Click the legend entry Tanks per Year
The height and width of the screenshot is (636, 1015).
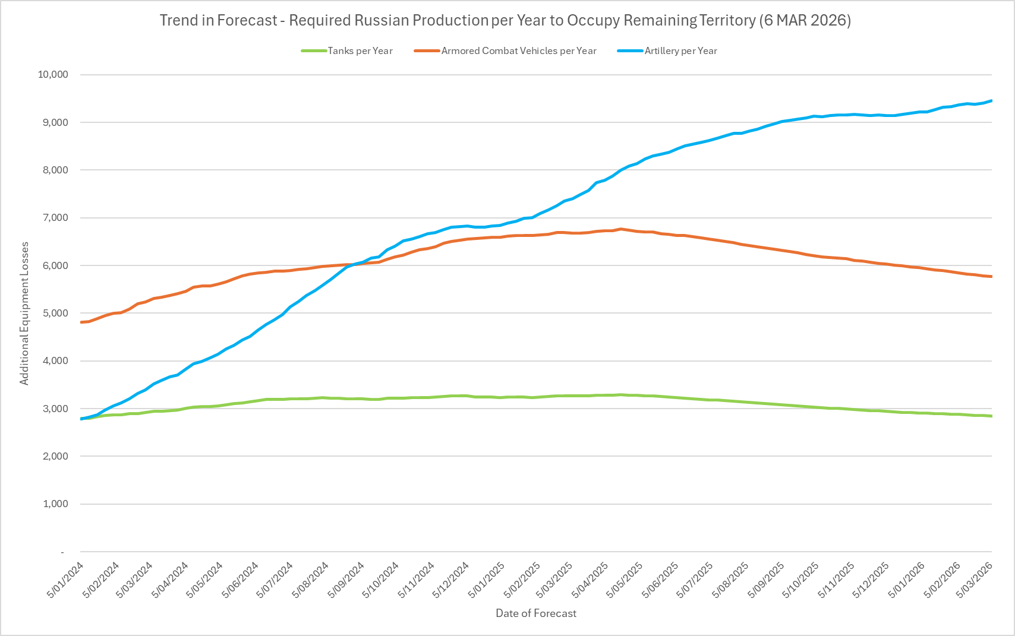click(x=360, y=51)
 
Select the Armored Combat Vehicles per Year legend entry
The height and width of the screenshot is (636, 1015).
click(x=518, y=51)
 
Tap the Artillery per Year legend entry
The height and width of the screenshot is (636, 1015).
click(x=680, y=51)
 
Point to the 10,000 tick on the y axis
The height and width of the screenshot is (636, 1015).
click(x=53, y=75)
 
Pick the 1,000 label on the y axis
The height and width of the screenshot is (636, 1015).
click(x=55, y=504)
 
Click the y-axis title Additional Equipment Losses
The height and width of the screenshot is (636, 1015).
click(x=24, y=314)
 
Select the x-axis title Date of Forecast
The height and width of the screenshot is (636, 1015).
click(x=536, y=613)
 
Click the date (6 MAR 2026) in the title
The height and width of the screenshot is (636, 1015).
click(x=805, y=20)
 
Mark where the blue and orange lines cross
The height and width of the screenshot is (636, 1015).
click(x=355, y=264)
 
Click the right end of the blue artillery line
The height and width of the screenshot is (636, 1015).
click(x=991, y=101)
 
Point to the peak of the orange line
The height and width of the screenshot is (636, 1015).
click(x=620, y=229)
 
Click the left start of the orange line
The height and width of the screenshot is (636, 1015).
click(x=81, y=322)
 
